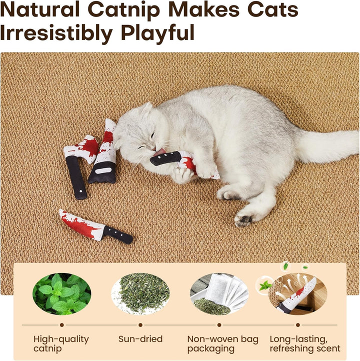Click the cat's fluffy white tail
point(327,146)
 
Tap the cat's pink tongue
point(160,151)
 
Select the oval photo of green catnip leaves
point(61,294)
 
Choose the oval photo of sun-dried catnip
point(140,294)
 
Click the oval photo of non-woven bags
point(219,294)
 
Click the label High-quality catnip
point(61,343)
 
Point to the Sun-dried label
point(140,339)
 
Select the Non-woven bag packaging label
point(222,343)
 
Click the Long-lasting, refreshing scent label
point(305,343)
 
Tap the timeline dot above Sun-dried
point(140,325)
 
